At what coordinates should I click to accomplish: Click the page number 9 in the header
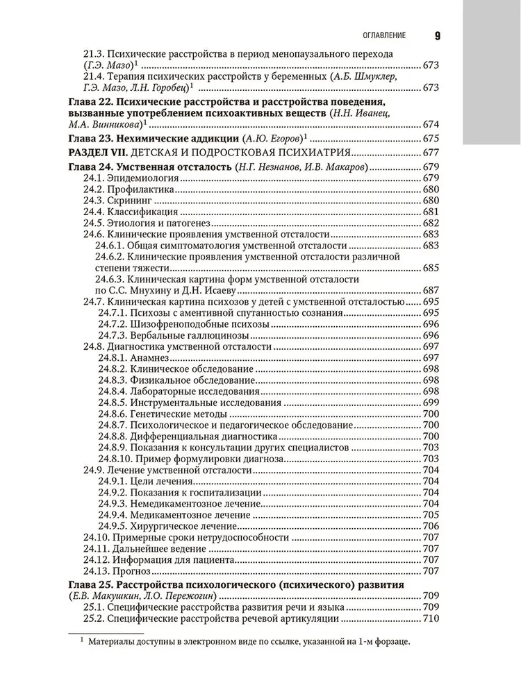(438, 35)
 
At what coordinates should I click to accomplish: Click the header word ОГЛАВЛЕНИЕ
(381, 35)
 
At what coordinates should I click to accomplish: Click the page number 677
(431, 152)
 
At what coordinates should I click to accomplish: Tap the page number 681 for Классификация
(431, 212)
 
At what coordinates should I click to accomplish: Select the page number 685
(431, 267)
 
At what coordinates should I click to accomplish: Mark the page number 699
(431, 403)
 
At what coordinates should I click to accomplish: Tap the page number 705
(431, 515)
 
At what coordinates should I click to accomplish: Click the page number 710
(431, 618)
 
